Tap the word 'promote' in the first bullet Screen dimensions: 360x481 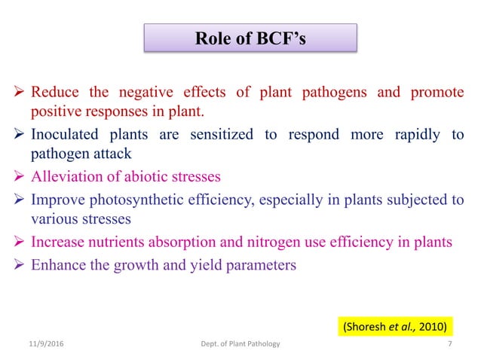(x=437, y=94)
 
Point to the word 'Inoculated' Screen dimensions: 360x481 (x=63, y=136)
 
